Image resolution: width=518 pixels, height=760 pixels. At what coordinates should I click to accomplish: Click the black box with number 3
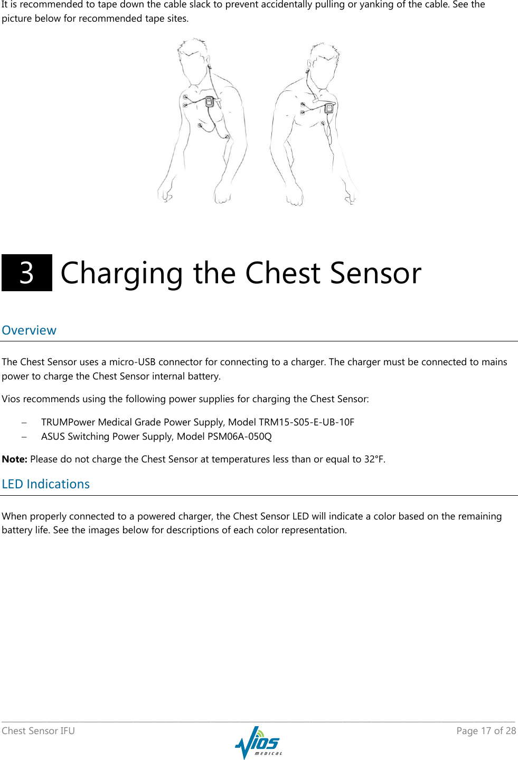click(27, 273)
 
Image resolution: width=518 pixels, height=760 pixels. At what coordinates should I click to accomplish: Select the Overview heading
click(29, 330)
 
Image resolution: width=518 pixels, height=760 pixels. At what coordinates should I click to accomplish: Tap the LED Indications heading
click(46, 484)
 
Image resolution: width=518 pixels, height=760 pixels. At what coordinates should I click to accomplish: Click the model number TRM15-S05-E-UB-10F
click(306, 422)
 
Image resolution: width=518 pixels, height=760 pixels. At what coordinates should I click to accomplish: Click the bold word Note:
click(14, 459)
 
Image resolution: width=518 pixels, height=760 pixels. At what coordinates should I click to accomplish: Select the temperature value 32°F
click(373, 459)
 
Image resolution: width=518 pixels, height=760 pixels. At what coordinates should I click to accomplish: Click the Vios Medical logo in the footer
click(258, 743)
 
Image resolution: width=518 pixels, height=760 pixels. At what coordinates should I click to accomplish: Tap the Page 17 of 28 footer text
click(486, 731)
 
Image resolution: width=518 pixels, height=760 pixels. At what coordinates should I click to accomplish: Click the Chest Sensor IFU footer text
click(39, 731)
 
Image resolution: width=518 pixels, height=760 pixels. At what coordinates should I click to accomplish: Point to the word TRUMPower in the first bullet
click(68, 422)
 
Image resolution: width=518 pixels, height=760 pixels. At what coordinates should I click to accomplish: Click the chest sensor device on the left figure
click(210, 101)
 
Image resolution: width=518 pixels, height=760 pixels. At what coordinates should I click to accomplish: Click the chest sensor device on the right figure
click(329, 108)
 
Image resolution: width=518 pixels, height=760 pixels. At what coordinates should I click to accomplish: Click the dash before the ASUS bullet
click(24, 437)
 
